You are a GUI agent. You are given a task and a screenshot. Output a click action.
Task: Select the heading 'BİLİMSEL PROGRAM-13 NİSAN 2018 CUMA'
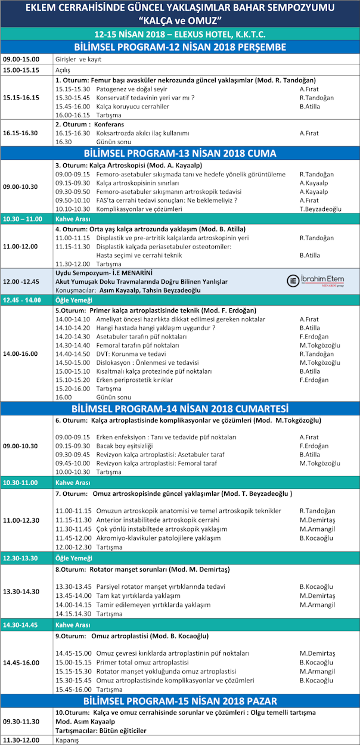pyautogui.click(x=179, y=153)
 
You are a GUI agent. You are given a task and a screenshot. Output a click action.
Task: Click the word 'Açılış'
pyautogui.click(x=63, y=70)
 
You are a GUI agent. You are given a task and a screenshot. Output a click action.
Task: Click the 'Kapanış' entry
pyautogui.click(x=67, y=740)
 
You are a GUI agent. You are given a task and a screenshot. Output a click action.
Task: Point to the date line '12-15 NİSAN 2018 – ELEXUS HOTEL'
pyautogui.click(x=179, y=34)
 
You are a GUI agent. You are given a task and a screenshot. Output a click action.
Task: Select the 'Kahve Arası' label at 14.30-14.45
pyautogui.click(x=73, y=625)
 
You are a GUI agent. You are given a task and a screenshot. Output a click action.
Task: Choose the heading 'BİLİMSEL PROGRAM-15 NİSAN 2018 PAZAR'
pyautogui.click(x=179, y=700)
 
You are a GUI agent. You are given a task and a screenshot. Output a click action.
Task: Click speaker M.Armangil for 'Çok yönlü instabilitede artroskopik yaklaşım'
pyautogui.click(x=317, y=529)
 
